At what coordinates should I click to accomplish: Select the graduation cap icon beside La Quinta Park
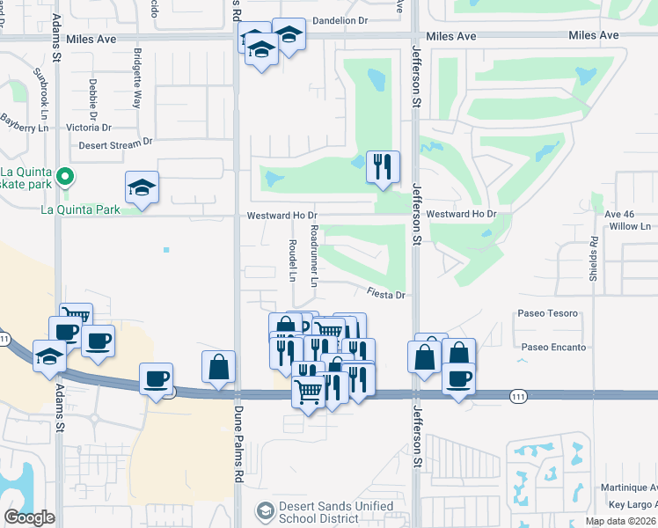(142, 187)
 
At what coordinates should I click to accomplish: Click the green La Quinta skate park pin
(63, 179)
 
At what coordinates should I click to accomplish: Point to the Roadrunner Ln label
(314, 253)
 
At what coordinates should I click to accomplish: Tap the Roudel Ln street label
(293, 260)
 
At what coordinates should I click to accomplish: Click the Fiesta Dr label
(385, 296)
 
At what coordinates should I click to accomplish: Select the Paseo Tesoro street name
(548, 313)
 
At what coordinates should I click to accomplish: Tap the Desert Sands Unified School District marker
(266, 510)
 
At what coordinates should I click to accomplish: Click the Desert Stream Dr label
(115, 144)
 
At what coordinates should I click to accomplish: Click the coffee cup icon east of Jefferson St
(458, 379)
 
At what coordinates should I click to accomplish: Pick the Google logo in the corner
(29, 517)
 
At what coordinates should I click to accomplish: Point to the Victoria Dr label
(89, 128)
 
